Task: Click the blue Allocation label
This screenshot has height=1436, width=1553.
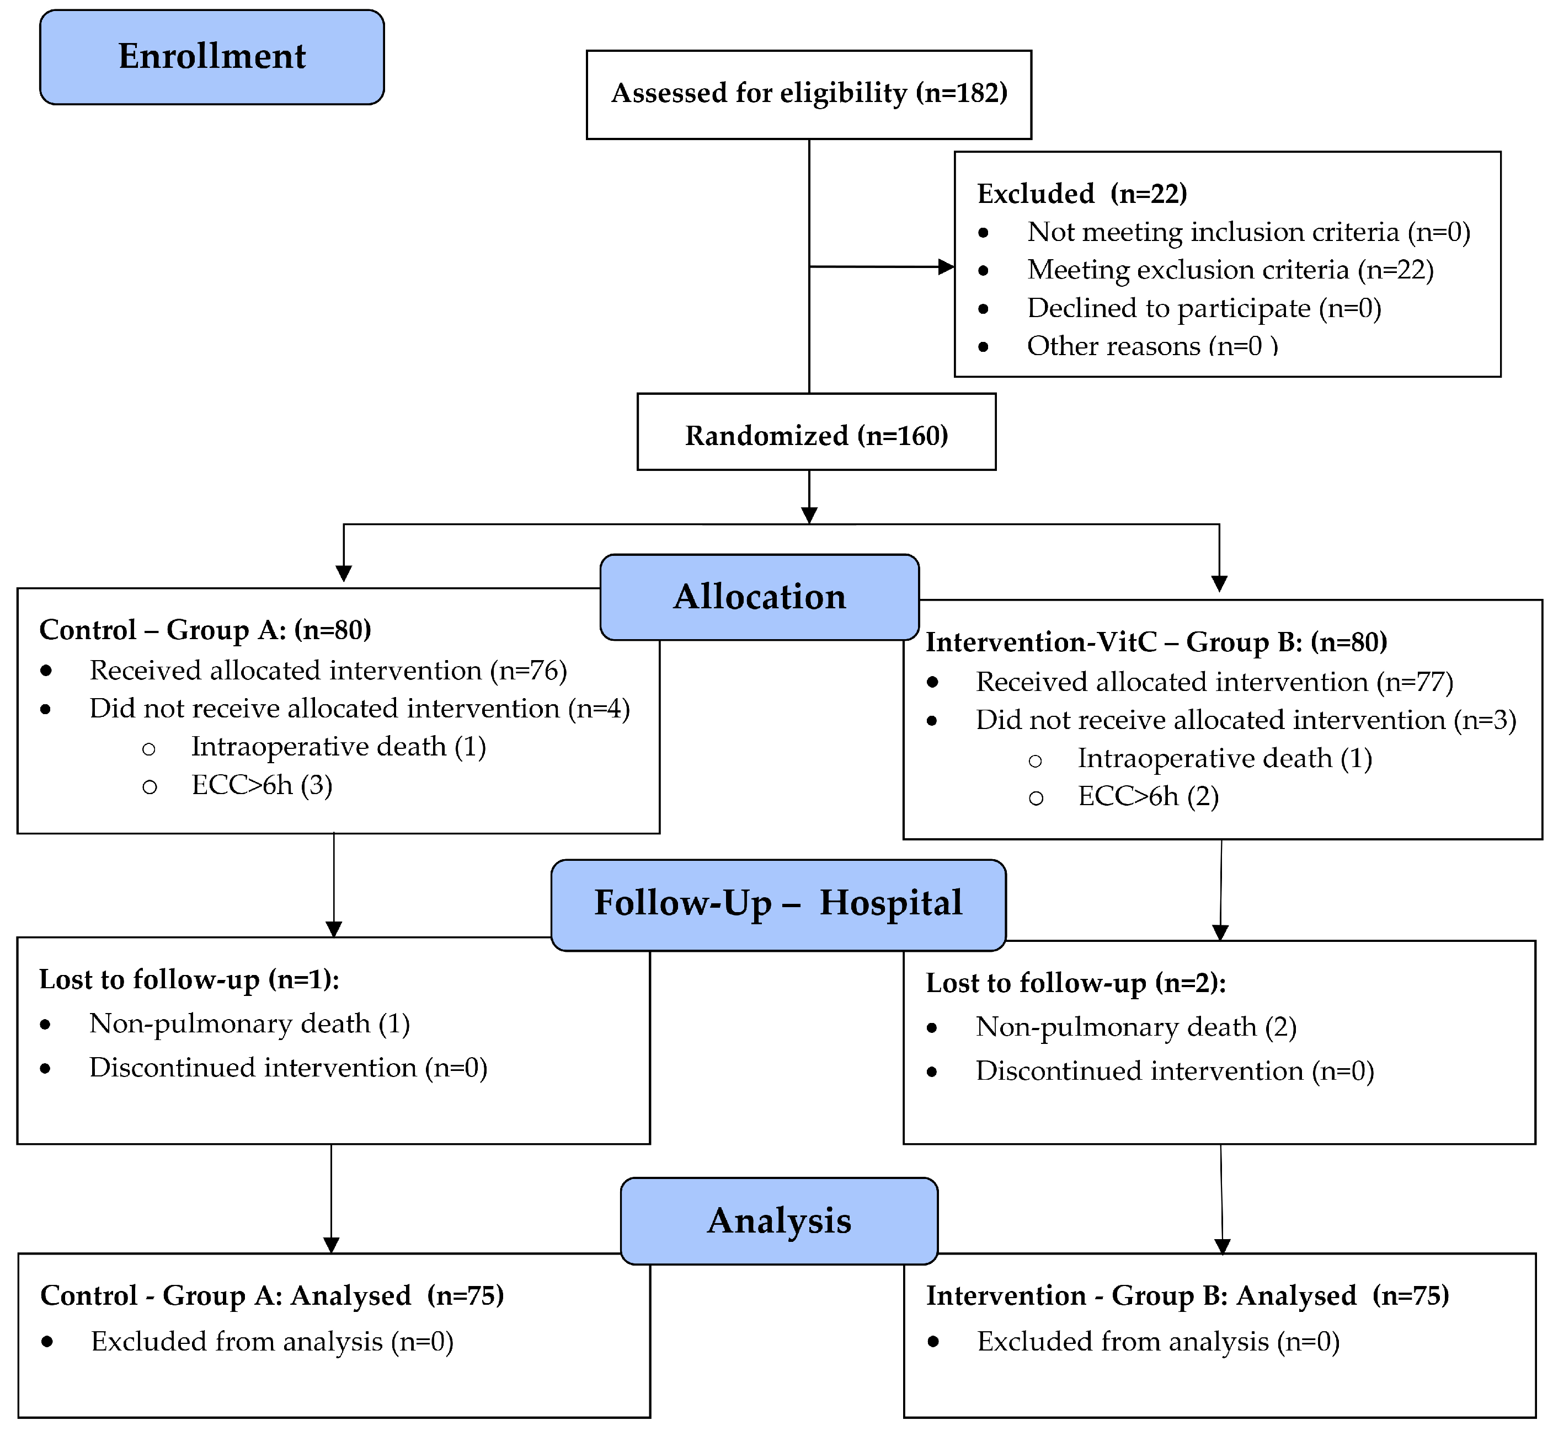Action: coord(760,597)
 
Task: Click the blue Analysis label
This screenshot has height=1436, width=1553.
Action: coord(779,1221)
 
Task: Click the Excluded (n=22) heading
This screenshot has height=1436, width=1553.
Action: coord(1081,194)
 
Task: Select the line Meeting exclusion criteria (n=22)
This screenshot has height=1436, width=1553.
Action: coord(1230,270)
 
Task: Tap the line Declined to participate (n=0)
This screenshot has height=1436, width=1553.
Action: coord(1203,308)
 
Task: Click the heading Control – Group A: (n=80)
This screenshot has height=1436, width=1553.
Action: coord(205,629)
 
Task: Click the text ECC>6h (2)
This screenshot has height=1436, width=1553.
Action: coord(1148,796)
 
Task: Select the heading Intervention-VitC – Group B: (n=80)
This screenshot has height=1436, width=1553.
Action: coord(1156,642)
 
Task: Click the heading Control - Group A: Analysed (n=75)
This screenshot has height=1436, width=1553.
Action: coord(272,1295)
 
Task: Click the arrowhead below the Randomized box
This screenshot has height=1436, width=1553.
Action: coord(809,515)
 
